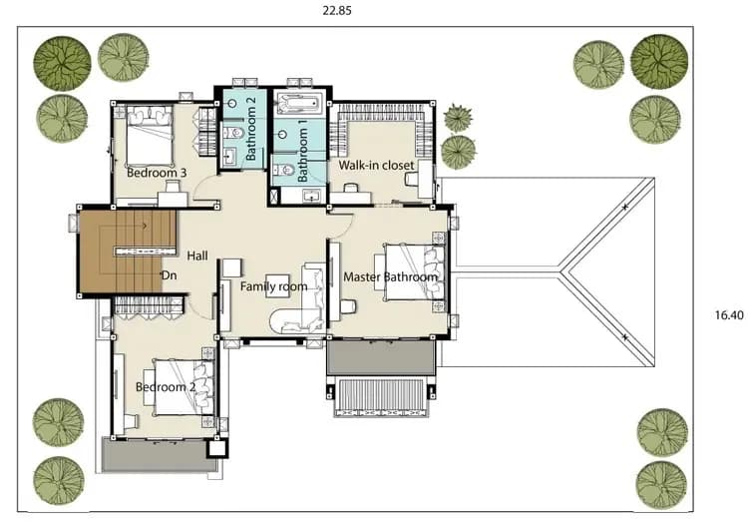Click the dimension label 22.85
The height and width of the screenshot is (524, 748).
(x=337, y=11)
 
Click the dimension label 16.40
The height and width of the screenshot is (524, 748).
(x=729, y=315)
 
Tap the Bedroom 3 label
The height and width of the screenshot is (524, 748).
(x=157, y=173)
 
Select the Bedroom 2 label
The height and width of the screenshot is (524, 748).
(x=166, y=386)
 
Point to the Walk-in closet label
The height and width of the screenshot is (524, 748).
(x=376, y=165)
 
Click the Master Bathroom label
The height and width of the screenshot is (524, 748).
(x=390, y=276)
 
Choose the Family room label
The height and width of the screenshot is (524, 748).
(x=273, y=286)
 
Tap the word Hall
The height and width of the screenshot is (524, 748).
(x=197, y=256)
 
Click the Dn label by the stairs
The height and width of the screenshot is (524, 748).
(x=169, y=275)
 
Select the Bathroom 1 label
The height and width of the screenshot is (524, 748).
(x=302, y=151)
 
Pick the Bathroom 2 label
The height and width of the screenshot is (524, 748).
(x=251, y=129)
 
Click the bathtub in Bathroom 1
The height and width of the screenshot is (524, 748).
(x=298, y=104)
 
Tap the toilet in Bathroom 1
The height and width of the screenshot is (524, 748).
(x=282, y=170)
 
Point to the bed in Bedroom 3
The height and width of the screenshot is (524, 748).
(x=150, y=136)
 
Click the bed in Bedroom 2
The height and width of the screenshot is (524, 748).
(x=184, y=387)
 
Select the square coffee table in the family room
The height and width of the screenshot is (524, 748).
(x=277, y=286)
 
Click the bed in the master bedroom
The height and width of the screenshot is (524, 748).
(x=415, y=272)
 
